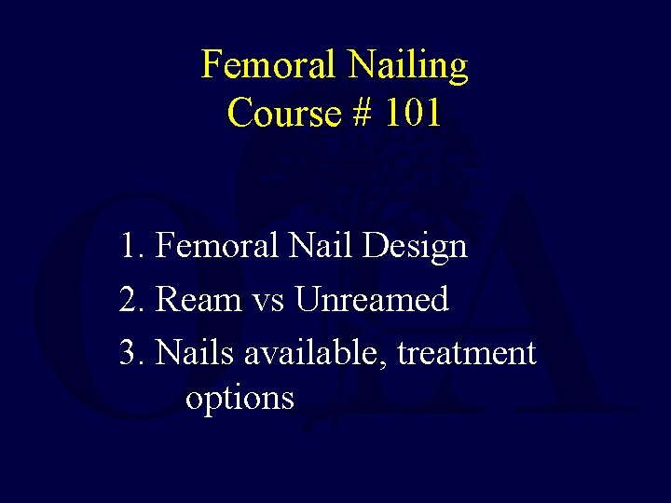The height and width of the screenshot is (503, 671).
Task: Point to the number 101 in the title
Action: click(411, 113)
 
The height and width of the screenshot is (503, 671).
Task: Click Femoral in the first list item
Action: click(216, 246)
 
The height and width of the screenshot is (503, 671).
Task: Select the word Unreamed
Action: click(372, 300)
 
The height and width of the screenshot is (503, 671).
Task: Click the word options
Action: click(240, 399)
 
